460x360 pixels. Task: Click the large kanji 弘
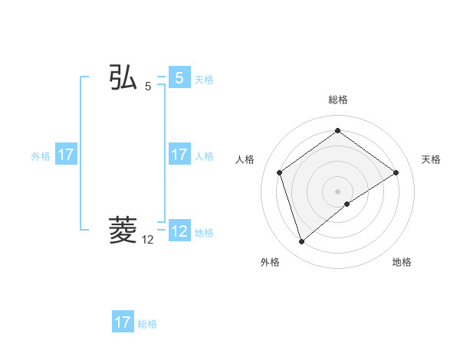pos(123,78)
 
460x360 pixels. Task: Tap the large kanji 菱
pos(123,230)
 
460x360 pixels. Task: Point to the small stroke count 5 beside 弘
pos(148,87)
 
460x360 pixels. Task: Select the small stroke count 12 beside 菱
pos(148,240)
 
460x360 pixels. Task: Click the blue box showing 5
pos(179,78)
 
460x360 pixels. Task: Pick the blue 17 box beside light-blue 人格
pos(179,155)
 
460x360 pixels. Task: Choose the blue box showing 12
pos(179,231)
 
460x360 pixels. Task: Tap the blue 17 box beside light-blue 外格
pos(66,155)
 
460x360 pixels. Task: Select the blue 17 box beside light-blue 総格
pos(123,322)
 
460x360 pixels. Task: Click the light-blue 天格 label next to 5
pos(204,79)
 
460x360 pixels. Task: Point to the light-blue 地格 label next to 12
pos(204,232)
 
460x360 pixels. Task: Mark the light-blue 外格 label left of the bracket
pos(41,155)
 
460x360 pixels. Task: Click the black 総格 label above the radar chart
pos(337,100)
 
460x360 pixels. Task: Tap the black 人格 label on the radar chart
pos(245,159)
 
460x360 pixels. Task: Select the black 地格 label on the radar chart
pos(402,263)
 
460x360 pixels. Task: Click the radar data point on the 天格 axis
pos(396,172)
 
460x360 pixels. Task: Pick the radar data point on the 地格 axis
pos(347,204)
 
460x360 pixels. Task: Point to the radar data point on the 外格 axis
pos(301,242)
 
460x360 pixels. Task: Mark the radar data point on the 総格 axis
pos(337,131)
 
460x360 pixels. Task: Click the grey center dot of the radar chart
pos(337,191)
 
